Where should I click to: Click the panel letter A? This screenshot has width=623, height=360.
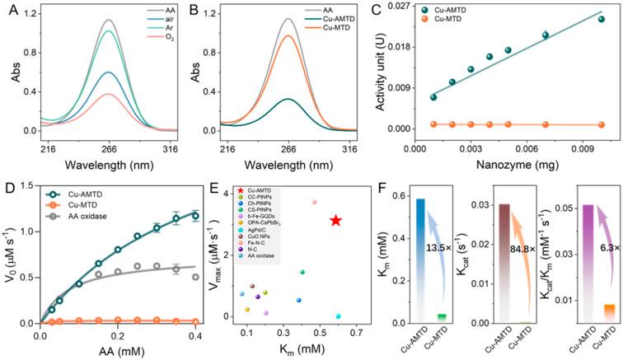click(x=7, y=9)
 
